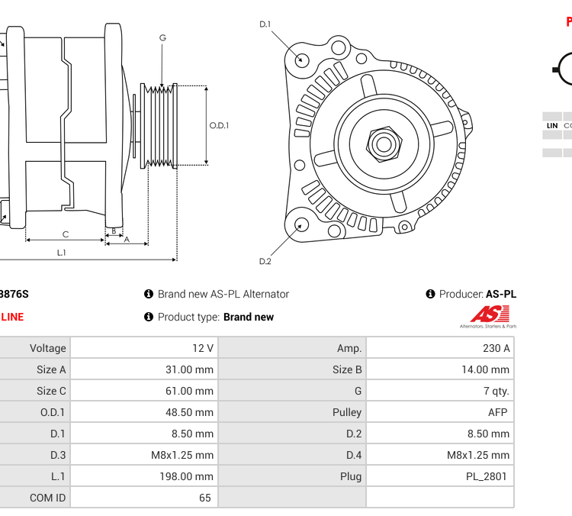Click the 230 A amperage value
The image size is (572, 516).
coord(496,348)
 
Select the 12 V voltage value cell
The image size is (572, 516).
coord(203,348)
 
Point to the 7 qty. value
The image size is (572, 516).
coord(496,391)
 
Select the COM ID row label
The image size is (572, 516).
coord(47,498)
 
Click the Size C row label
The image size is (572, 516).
coord(51,391)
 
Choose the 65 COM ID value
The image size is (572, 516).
coord(204,498)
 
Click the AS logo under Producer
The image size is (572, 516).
coord(488,316)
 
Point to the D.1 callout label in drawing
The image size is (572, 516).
coord(265,24)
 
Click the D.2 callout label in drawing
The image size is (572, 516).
coord(265,261)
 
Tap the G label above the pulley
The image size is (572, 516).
coord(162,37)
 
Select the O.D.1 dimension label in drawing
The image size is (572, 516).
coord(220,126)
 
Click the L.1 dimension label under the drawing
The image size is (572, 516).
coord(61,253)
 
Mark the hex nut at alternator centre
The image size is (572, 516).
coord(383,143)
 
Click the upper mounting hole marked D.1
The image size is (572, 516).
coord(302,59)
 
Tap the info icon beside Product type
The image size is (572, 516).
coord(149,317)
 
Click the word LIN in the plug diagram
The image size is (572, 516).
coord(552,125)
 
